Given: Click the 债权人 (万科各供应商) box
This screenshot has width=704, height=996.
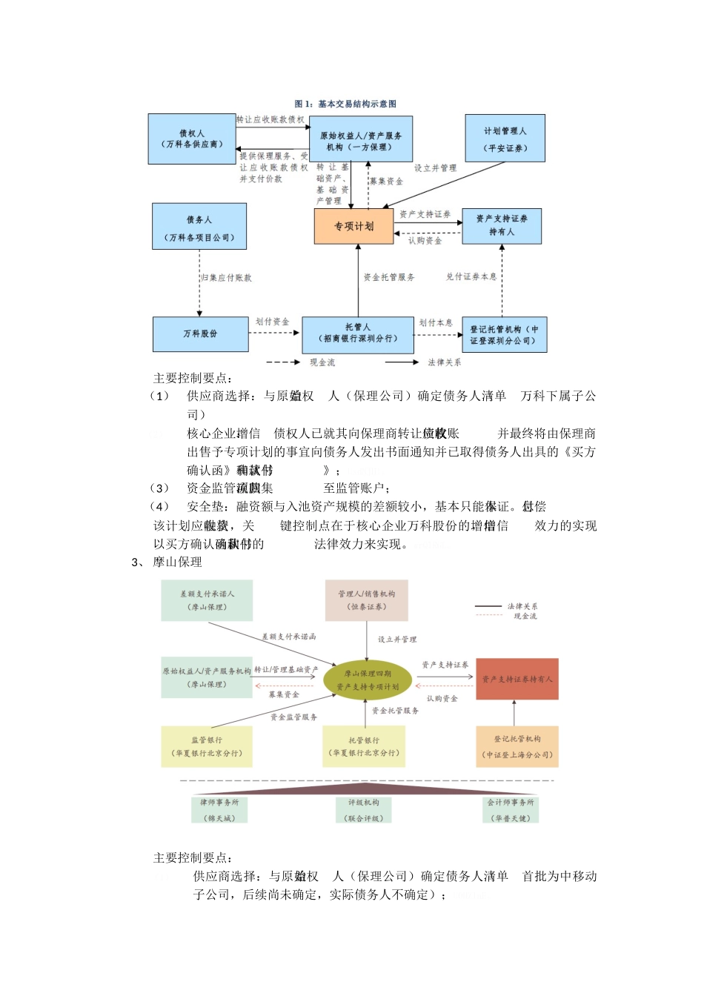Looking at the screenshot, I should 191,139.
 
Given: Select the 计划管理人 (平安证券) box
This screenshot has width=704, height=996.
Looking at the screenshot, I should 505,139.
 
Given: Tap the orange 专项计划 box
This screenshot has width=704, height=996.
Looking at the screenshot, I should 353,226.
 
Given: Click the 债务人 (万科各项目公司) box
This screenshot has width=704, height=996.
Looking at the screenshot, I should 199,228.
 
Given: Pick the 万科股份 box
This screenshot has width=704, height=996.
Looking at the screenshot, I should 200,334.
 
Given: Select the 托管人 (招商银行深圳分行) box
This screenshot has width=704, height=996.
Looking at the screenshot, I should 358,334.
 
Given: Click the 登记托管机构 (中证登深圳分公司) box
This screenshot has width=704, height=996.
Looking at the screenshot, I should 503,336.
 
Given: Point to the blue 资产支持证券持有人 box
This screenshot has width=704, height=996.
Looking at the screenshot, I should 502,225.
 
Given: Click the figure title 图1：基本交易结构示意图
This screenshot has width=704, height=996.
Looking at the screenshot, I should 345,104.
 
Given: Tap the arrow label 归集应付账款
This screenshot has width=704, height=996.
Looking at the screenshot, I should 227,278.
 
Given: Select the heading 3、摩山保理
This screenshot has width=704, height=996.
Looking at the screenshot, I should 167,562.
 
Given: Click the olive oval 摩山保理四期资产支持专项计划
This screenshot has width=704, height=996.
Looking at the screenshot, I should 368,680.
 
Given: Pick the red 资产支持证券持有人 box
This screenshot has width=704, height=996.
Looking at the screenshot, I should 517,679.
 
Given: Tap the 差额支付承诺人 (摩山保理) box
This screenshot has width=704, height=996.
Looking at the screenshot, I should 207,600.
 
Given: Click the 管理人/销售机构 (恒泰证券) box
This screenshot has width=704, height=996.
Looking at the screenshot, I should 367,600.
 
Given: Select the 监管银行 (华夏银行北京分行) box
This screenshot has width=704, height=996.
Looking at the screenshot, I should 207,746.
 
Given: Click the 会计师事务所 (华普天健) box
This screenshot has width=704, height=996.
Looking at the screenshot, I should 511,810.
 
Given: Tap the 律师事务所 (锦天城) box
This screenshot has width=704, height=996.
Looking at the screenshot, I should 219,810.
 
